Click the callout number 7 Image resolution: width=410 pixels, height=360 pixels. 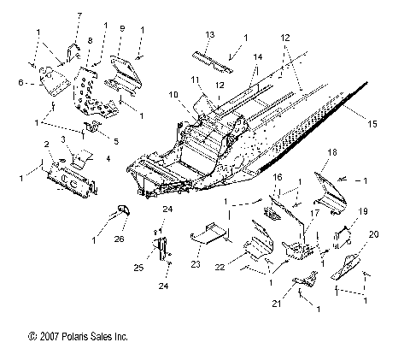pos(79,16)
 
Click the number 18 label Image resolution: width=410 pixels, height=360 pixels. pos(332,152)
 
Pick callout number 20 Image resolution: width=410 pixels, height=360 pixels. pos(372,234)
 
